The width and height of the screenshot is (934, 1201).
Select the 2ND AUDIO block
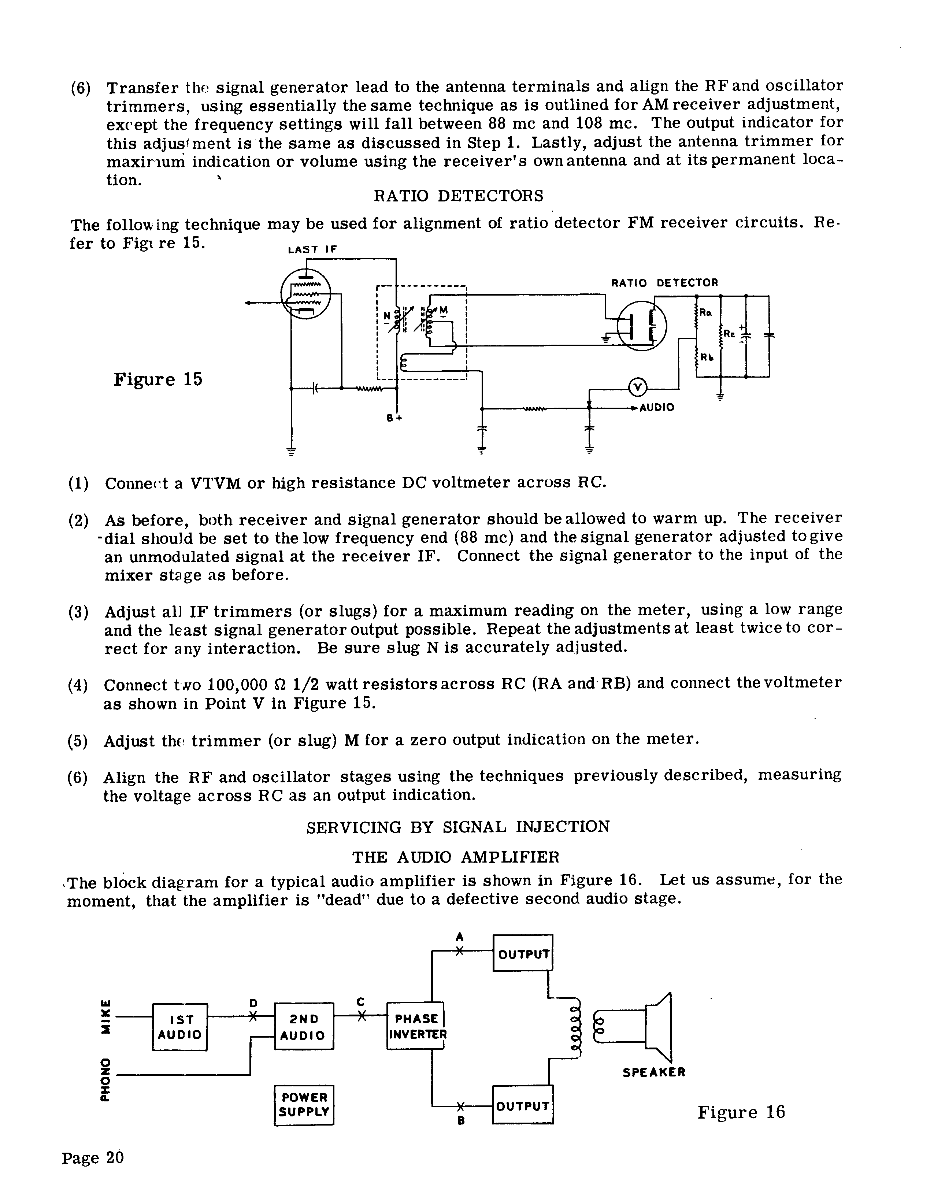[x=304, y=1027]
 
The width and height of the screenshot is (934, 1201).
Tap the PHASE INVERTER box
[x=416, y=1026]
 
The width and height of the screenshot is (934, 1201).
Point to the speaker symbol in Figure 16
[x=658, y=1027]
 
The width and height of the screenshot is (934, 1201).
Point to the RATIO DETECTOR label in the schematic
[x=664, y=283]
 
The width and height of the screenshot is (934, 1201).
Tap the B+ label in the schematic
[x=394, y=418]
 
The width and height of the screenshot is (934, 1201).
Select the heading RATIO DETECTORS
[x=458, y=196]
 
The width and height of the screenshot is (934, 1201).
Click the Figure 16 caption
[x=741, y=1112]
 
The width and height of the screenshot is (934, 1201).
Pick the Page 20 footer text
[x=92, y=1157]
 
